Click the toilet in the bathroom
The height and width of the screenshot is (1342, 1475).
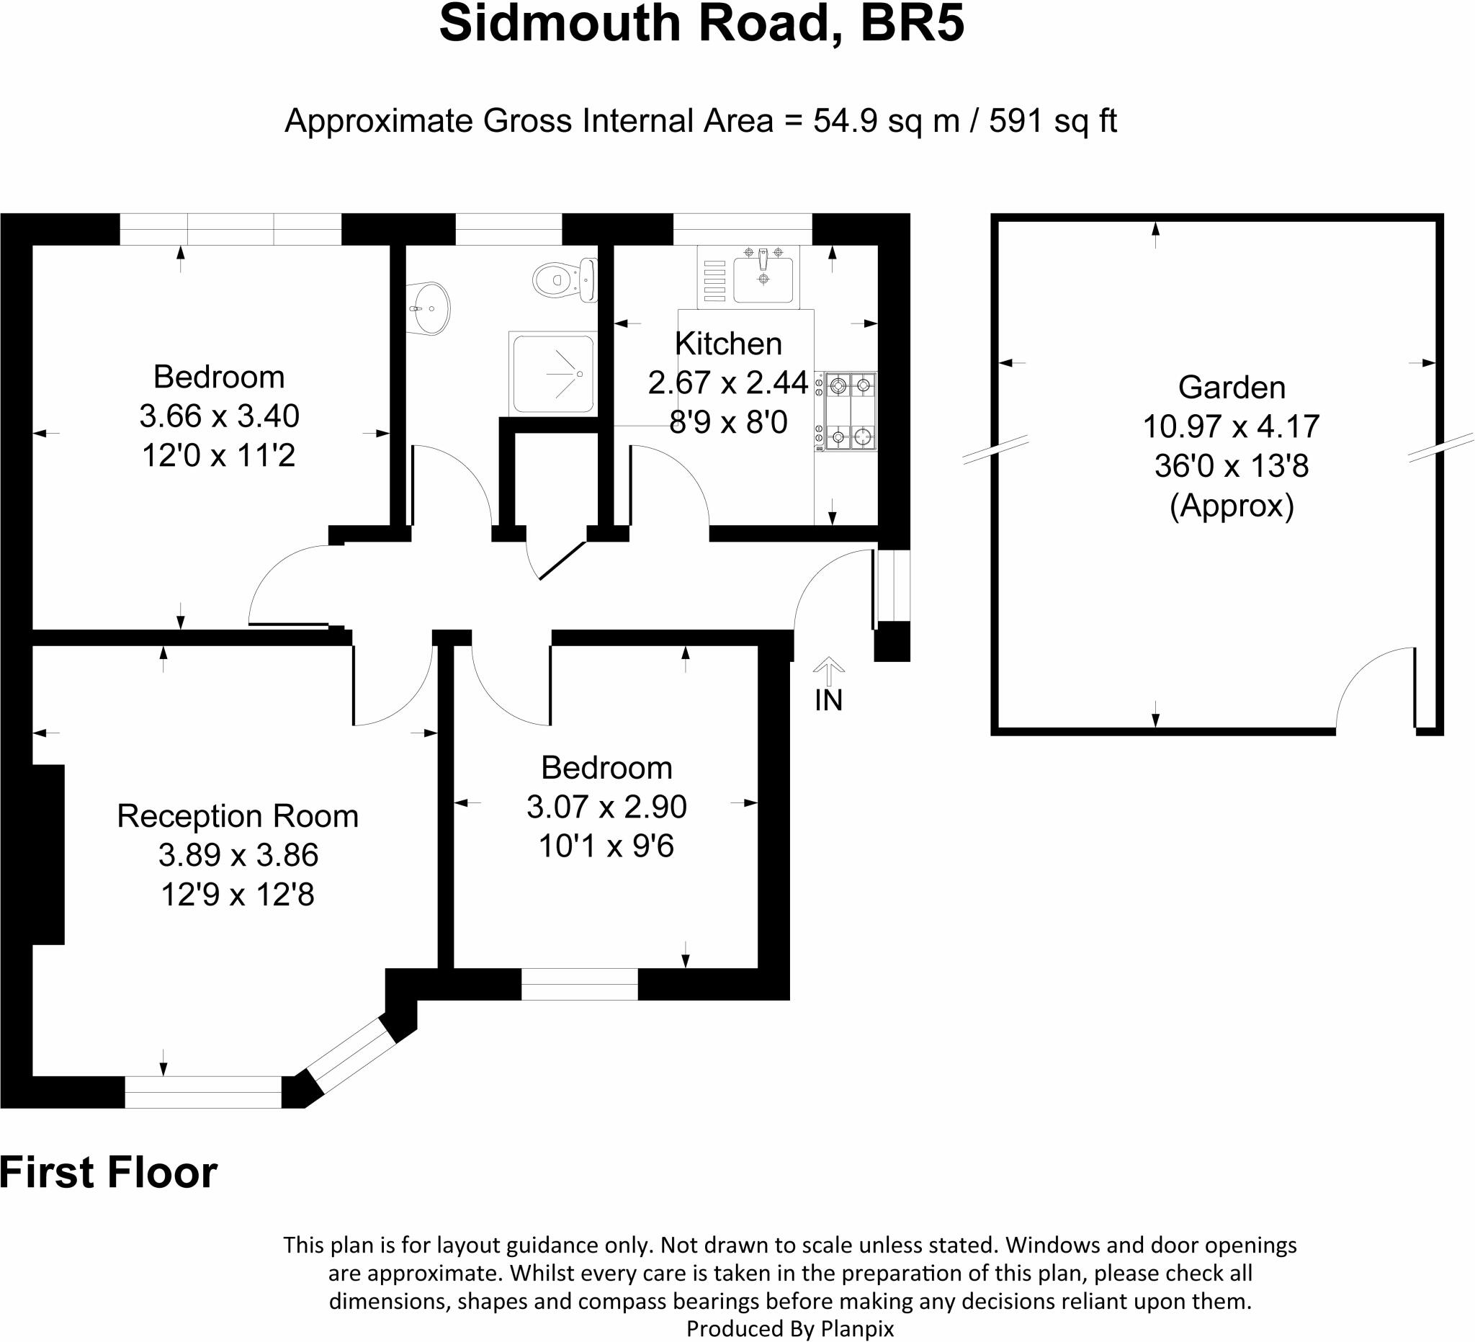point(563,279)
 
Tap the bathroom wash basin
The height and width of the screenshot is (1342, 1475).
point(429,308)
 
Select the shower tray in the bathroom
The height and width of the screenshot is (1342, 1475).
point(553,373)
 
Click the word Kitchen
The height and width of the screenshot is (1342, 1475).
point(728,343)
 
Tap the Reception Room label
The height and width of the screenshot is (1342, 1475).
point(238,816)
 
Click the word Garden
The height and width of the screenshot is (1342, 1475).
point(1232,387)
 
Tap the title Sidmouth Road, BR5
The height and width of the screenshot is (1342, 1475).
point(701,24)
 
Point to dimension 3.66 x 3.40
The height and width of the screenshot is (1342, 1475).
point(219,416)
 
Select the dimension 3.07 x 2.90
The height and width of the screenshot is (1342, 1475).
point(606,806)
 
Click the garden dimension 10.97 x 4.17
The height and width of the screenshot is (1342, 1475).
point(1231,426)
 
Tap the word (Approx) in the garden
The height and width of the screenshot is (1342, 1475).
point(1232,505)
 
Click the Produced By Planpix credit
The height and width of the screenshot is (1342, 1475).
point(789,1328)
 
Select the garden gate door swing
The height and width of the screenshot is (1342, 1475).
point(1376,688)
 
